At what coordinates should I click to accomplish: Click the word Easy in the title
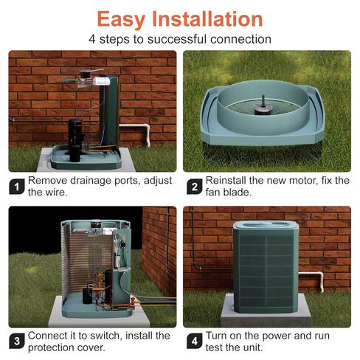pos(121,20)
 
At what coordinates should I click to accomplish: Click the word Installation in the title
pos(207,18)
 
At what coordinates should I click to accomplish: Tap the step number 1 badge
pos(17,187)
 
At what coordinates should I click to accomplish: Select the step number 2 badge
pos(194,187)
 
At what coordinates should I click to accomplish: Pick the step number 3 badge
pos(17,341)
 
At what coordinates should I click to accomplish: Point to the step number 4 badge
pos(194,341)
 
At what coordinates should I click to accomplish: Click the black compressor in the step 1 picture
pos(75,140)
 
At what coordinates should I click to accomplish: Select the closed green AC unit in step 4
pos(266,266)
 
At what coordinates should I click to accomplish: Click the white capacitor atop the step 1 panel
pos(102,80)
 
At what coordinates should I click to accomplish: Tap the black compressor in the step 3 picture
pos(108,286)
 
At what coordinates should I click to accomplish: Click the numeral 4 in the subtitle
pos(92,39)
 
